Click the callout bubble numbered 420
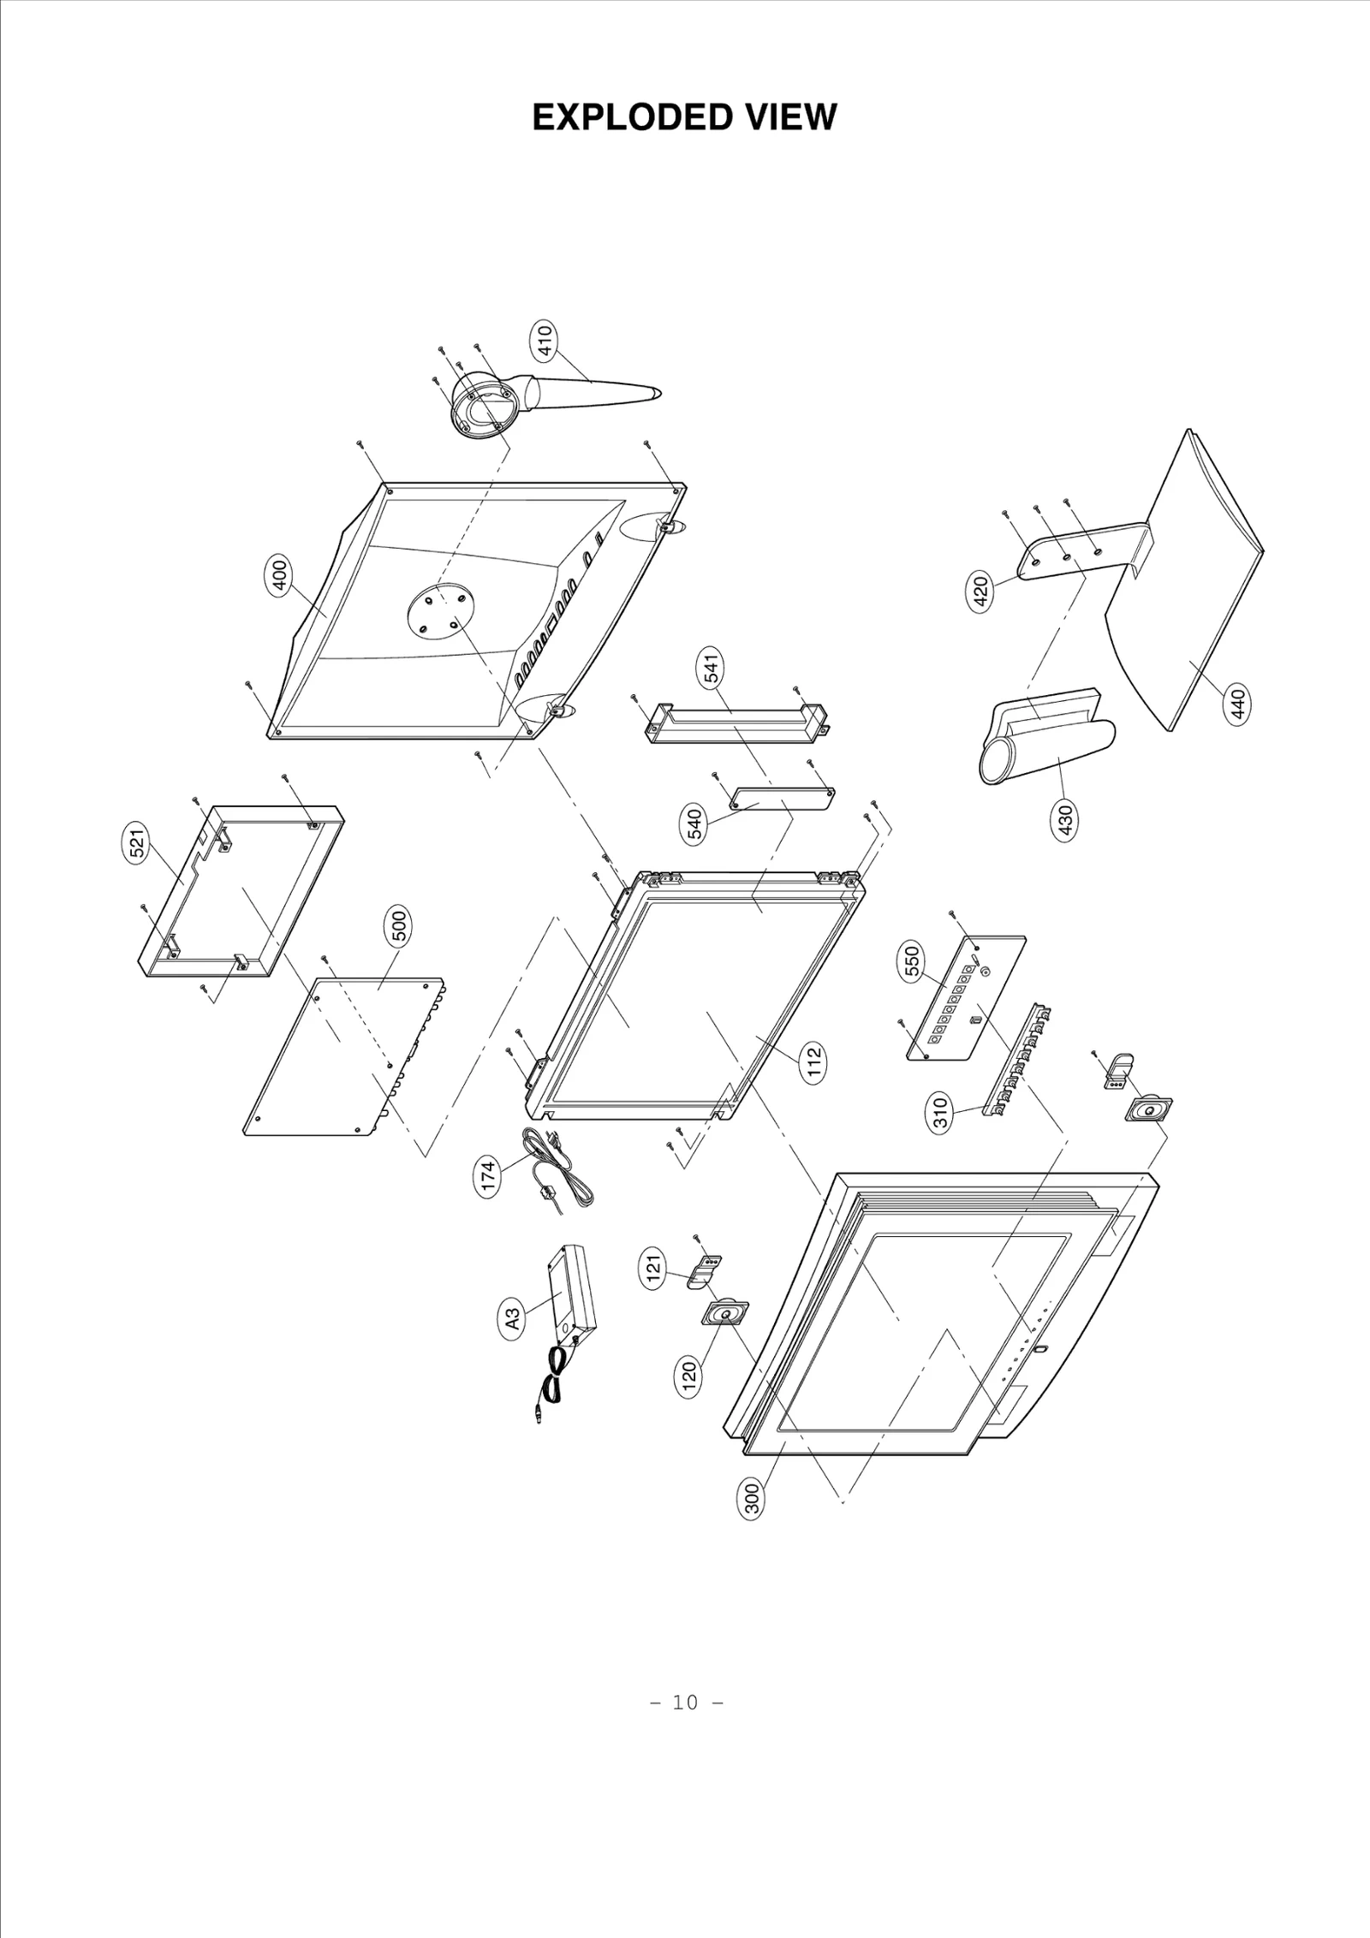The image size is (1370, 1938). tap(981, 592)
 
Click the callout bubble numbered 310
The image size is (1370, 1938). tap(940, 1115)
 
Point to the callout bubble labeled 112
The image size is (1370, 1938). tap(814, 1062)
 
